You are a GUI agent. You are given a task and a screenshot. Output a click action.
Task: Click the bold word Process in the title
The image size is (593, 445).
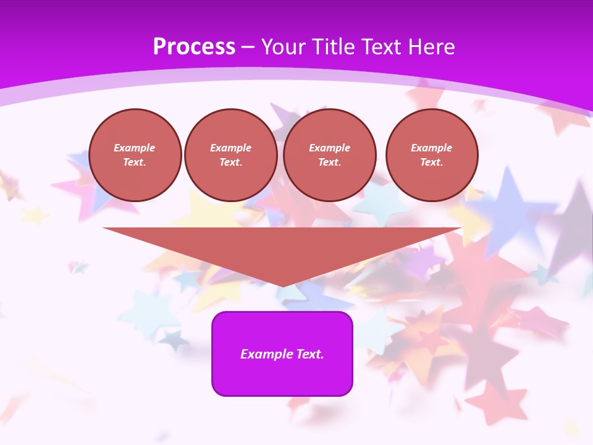click(x=194, y=47)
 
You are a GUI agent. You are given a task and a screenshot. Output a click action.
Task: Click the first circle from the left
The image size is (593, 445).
click(x=135, y=155)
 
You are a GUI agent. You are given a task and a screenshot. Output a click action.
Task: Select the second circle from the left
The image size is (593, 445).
click(x=231, y=155)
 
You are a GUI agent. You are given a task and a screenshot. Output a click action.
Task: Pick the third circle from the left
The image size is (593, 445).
click(x=330, y=155)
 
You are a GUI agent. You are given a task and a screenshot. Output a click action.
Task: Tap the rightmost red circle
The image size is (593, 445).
click(x=432, y=155)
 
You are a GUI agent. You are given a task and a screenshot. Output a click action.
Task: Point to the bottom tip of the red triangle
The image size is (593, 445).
click(x=282, y=286)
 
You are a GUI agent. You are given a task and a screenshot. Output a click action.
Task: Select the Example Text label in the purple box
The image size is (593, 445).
click(x=282, y=354)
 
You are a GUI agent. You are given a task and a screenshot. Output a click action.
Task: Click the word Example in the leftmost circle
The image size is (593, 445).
click(x=135, y=148)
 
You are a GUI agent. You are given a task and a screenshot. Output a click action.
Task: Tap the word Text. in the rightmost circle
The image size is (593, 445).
click(x=432, y=162)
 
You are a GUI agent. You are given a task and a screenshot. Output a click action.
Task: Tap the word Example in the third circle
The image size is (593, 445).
click(x=330, y=148)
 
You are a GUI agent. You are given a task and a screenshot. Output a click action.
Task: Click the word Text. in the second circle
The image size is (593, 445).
click(x=231, y=162)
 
